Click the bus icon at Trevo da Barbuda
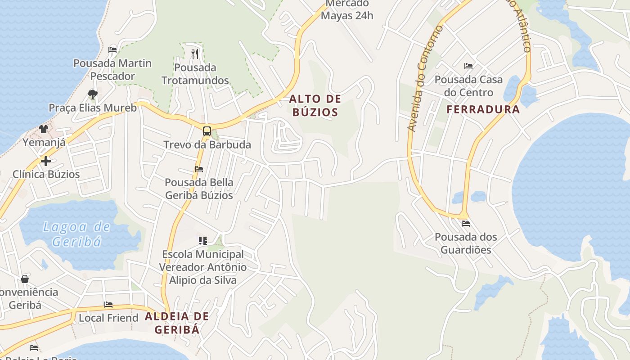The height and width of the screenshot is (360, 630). pos(207,131)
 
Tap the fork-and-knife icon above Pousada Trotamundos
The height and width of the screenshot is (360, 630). pos(195,54)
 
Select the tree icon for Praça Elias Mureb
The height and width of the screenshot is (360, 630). pos(93,94)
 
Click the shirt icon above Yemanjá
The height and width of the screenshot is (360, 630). pos(44,129)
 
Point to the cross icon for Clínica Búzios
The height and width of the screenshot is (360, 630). pos(45,161)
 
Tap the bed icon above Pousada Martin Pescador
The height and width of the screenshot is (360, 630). pos(112,49)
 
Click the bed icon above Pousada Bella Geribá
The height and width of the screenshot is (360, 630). pos(199,169)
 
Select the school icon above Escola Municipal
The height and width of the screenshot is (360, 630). pos(203,241)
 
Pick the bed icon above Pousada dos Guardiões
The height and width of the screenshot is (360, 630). pos(466,223)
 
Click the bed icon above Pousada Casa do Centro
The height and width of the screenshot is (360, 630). pos(468,66)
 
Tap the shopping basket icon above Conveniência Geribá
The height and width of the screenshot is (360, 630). pos(25,279)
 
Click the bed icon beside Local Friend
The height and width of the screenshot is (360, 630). pos(108,305)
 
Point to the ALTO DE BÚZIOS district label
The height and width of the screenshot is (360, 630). pos(315,105)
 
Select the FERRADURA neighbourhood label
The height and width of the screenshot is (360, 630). pos(483,109)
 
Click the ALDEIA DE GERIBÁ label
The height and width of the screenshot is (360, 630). pos(177,323)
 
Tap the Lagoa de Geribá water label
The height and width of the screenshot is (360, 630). pos(76,234)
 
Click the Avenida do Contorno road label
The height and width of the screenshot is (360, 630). pos(424,79)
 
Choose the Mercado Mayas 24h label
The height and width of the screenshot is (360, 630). pos(347,9)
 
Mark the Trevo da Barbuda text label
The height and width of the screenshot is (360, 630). pos(207,145)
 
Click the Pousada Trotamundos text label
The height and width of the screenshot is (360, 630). pos(195,74)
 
